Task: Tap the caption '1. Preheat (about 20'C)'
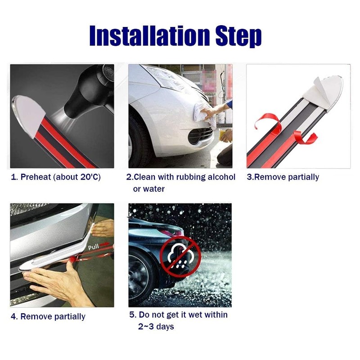[56, 177]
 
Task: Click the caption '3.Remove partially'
[283, 177]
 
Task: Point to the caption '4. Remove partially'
[48, 316]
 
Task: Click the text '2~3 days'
[156, 326]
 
